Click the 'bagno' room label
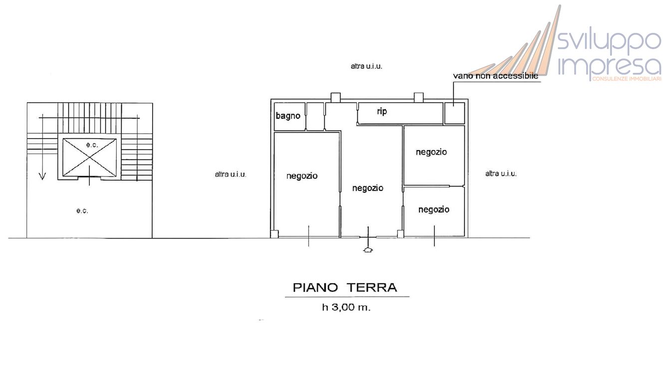288,116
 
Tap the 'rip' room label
382,112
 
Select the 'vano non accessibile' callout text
495,76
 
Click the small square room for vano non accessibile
454,113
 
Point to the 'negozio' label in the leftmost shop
302,176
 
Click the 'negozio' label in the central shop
368,188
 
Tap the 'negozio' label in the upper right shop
432,152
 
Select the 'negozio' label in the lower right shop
434,209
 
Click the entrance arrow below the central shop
368,250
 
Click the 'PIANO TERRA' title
345,288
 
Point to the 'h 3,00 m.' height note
346,308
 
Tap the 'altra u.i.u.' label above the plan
367,66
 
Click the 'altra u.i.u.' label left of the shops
230,175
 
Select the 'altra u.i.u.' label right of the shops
501,174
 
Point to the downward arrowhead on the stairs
42,176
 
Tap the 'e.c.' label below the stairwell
82,211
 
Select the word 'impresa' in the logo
609,66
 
